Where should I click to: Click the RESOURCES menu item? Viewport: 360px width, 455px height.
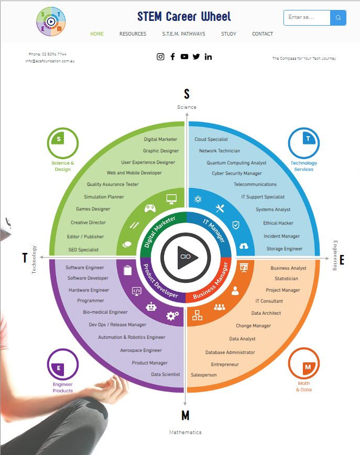(133, 34)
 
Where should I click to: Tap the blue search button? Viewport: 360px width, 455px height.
(338, 18)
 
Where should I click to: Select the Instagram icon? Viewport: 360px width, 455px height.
(160, 57)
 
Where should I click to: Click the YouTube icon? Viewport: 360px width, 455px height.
(184, 57)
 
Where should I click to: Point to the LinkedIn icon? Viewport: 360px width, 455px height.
(208, 57)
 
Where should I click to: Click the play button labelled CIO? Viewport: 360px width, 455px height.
(186, 257)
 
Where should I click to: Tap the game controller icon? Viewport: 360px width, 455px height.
(150, 208)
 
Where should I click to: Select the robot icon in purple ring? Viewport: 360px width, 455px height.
(151, 306)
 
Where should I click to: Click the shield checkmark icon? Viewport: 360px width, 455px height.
(236, 225)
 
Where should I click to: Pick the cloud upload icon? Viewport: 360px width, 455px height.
(244, 246)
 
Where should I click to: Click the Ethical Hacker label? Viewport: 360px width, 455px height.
(278, 223)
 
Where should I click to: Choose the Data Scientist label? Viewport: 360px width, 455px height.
(166, 374)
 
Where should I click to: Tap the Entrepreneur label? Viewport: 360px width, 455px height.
(225, 364)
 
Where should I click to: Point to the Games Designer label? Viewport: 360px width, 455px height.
(93, 209)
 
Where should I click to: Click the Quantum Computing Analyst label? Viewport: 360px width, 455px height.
(236, 163)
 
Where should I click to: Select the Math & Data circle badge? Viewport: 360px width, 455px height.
(304, 363)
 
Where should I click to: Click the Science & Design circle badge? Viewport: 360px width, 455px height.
(63, 143)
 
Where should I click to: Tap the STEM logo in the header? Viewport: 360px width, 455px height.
(51, 21)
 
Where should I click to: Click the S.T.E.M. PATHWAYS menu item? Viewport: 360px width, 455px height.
(183, 34)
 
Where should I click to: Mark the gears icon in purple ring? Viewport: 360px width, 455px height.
(172, 315)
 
